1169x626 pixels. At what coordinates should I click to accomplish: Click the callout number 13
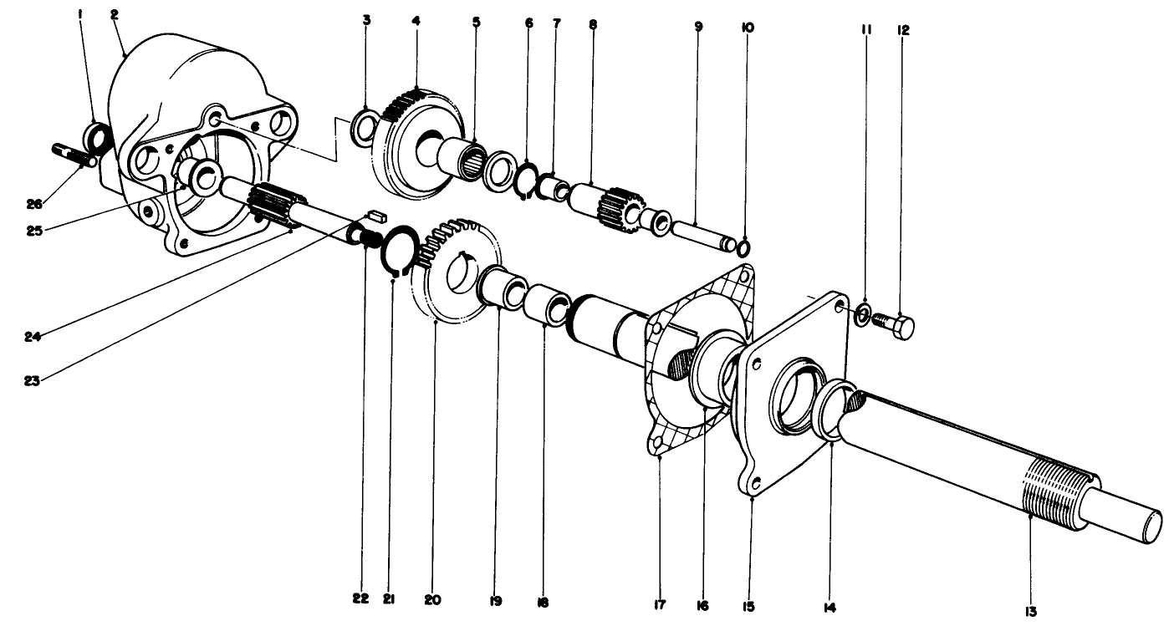[1029, 612]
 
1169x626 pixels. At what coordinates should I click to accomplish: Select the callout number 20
[433, 600]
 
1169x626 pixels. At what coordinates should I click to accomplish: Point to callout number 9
[698, 27]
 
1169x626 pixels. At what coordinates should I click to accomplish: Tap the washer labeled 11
[863, 316]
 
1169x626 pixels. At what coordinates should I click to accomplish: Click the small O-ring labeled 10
[743, 247]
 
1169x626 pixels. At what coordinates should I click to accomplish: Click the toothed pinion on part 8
[623, 203]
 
